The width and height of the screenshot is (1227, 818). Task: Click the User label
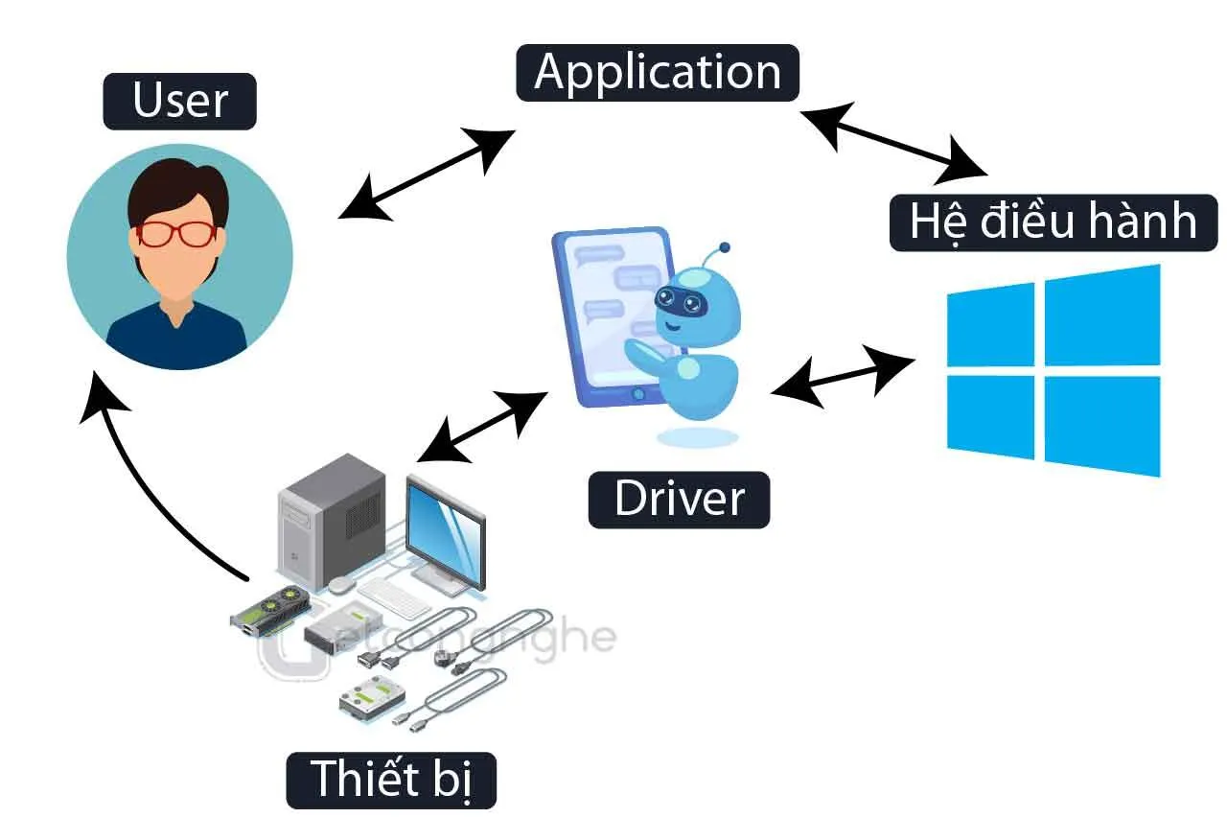click(180, 101)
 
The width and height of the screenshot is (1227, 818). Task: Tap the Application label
click(658, 73)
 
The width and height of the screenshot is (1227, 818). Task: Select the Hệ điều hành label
click(1053, 222)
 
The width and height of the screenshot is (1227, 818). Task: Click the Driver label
click(679, 499)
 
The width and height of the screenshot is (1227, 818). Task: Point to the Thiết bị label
click(391, 777)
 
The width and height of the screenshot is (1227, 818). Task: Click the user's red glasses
click(177, 233)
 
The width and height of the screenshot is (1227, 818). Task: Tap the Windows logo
click(1053, 371)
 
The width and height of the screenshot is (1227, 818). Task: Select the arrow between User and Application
click(427, 173)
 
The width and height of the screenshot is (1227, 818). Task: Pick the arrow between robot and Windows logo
click(842, 376)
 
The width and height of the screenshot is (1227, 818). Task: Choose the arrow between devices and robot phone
click(482, 426)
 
